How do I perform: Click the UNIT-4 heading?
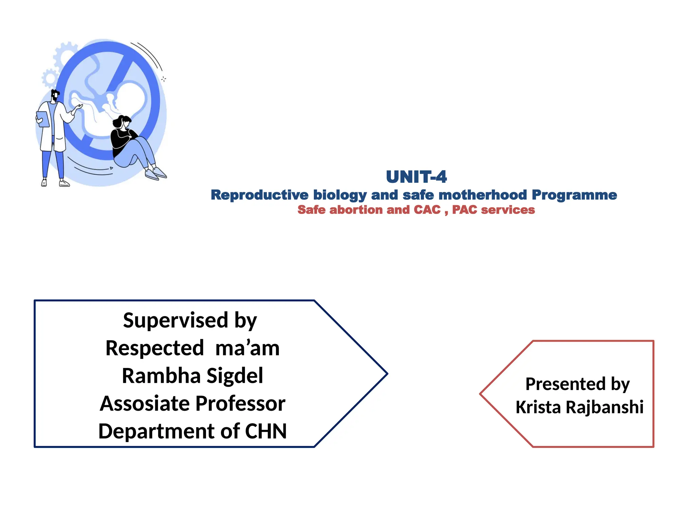[x=416, y=177]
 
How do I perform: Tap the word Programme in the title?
[x=574, y=195]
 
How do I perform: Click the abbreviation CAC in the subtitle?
[x=427, y=210]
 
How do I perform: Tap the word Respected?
[x=155, y=348]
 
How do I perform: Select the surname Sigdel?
[x=234, y=376]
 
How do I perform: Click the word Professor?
[x=240, y=404]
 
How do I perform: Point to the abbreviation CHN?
[x=266, y=431]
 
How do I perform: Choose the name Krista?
[x=538, y=407]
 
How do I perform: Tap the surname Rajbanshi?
[x=605, y=407]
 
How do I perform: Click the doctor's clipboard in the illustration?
[x=43, y=119]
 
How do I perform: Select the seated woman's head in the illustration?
[x=122, y=122]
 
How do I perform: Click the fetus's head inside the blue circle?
[x=130, y=98]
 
